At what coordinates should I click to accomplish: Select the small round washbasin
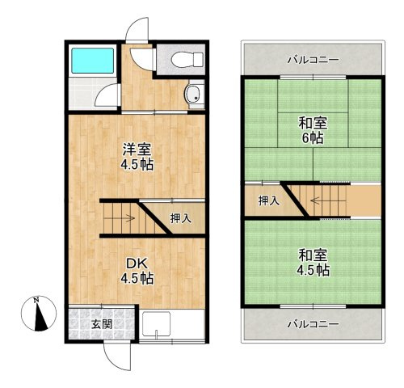192,96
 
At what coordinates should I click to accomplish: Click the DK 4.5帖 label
137,270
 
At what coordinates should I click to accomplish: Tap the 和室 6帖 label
312,131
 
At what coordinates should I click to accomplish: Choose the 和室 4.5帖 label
312,264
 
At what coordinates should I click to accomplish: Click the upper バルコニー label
312,60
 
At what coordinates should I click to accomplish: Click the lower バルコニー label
312,324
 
